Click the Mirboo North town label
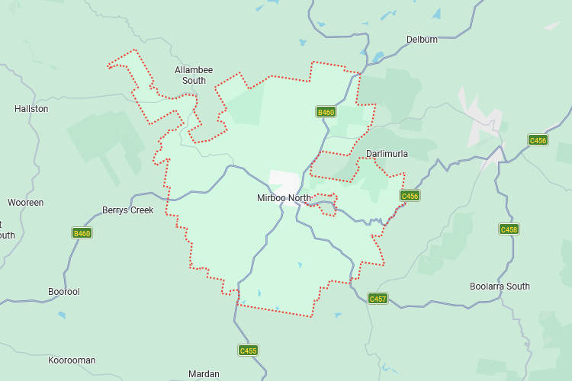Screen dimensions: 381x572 click(284, 198)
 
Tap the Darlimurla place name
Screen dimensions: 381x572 click(387, 154)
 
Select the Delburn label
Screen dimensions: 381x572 click(422, 40)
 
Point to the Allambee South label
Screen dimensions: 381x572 click(190, 75)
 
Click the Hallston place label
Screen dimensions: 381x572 click(31, 109)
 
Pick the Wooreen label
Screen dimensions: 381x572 click(26, 203)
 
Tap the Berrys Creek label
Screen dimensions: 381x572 click(128, 210)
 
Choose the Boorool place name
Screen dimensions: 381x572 click(63, 292)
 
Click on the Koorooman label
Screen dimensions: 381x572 click(72, 360)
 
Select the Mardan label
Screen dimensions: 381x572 click(204, 374)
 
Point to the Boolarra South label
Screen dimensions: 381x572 click(500, 287)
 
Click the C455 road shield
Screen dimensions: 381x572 click(248, 351)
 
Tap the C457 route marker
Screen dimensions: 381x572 click(378, 298)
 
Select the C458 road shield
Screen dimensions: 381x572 click(509, 229)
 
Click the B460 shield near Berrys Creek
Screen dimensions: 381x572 click(82, 233)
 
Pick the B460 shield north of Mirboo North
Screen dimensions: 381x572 click(326, 112)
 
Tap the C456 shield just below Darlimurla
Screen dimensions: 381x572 click(410, 196)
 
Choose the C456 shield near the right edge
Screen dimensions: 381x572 click(538, 140)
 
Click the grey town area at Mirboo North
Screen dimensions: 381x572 click(284, 181)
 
